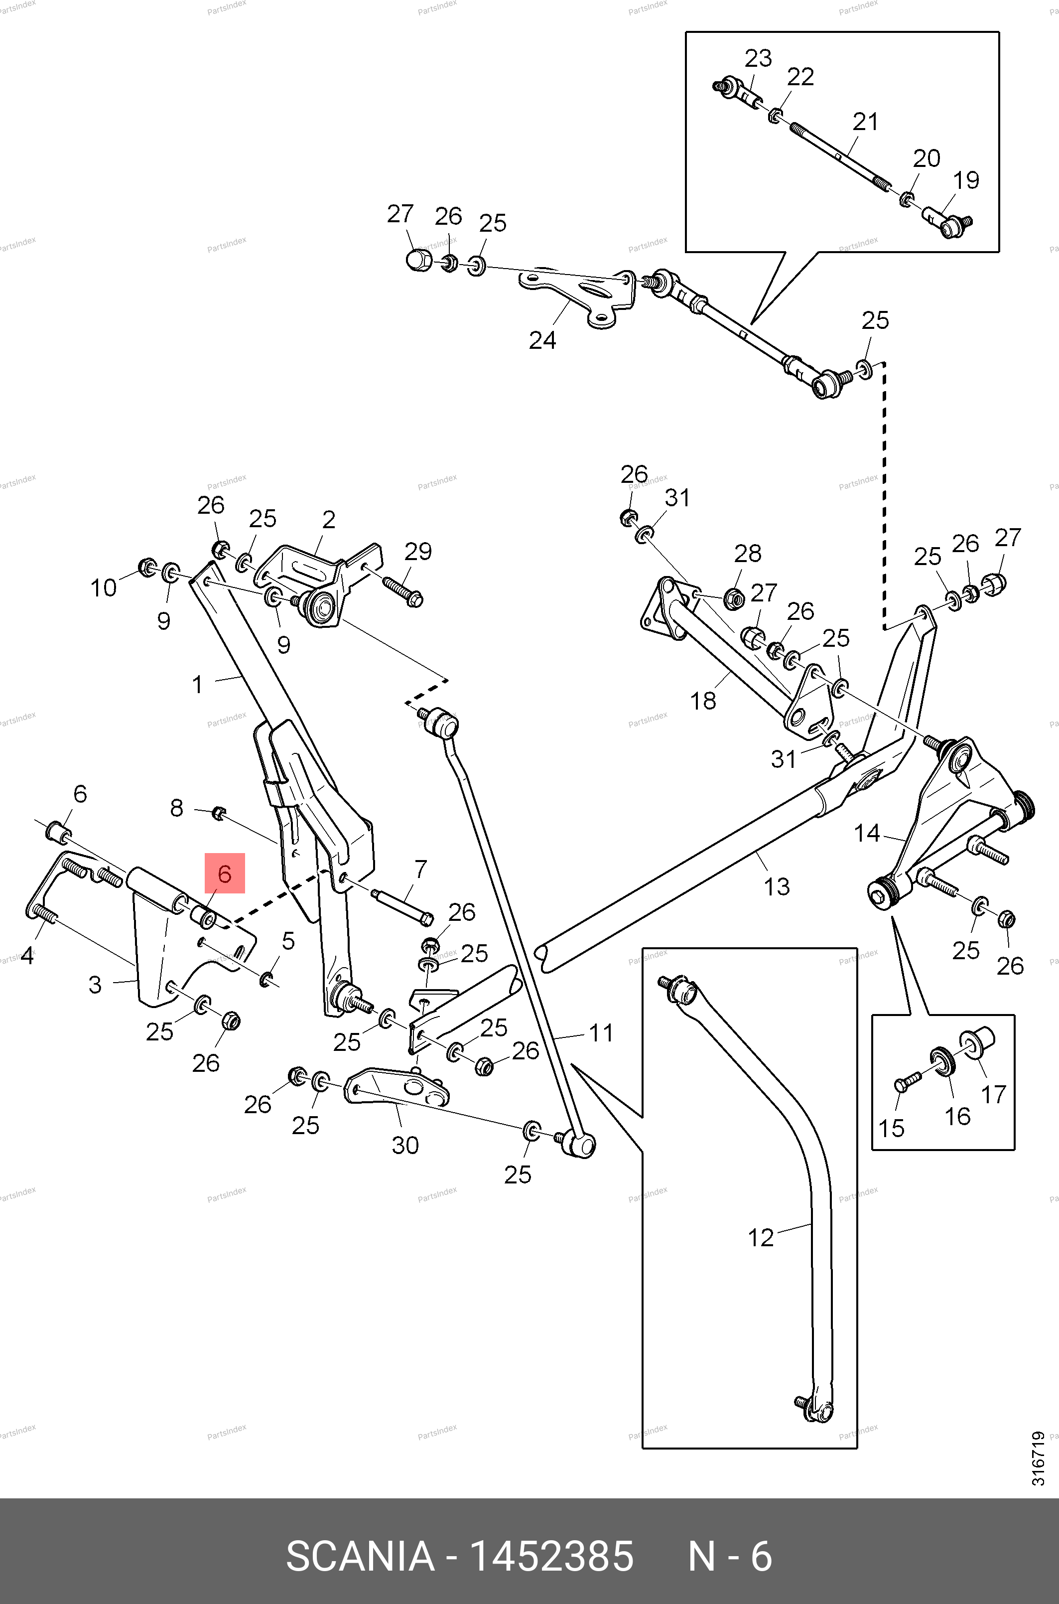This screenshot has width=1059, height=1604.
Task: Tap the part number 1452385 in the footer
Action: click(550, 1555)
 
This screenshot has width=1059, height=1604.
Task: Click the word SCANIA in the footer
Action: click(360, 1555)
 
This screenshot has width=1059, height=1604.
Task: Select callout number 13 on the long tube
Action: click(777, 886)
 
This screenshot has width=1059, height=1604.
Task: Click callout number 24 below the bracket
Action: click(542, 340)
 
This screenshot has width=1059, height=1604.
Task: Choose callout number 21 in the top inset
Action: click(865, 122)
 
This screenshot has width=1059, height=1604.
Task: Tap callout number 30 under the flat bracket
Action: click(405, 1145)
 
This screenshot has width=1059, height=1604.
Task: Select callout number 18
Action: click(702, 701)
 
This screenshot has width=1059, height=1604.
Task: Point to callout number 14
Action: click(867, 833)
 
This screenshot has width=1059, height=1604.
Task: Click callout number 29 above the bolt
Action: click(418, 551)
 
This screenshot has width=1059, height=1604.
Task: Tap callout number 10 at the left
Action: click(103, 588)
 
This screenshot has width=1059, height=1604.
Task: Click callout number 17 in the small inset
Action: click(993, 1094)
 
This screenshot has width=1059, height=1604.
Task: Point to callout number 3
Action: click(95, 985)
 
